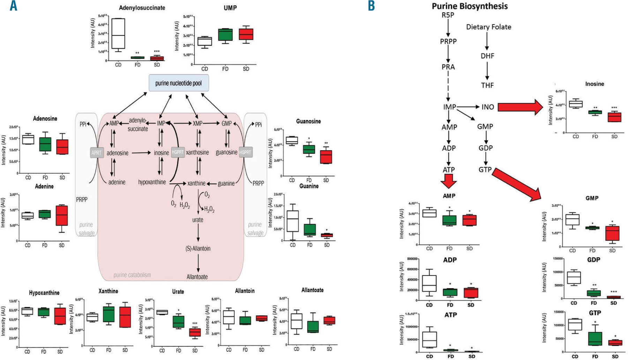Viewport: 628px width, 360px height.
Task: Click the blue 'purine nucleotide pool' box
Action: coord(179,83)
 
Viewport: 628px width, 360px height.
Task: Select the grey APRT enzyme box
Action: coord(97,152)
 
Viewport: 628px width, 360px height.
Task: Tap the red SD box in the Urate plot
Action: coord(195,332)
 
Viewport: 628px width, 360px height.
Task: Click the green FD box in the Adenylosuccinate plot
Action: coord(137,58)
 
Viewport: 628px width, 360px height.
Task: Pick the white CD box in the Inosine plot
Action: coord(576,104)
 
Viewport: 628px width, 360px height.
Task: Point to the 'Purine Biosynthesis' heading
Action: coord(470,6)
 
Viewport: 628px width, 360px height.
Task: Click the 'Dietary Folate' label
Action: coord(488,27)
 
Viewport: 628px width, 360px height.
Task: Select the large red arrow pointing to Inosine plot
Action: coord(520,107)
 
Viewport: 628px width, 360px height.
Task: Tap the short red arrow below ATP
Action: coord(449,181)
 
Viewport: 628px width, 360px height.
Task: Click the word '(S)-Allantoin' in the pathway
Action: coord(198,248)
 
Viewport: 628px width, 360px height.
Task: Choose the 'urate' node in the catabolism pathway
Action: coord(197,220)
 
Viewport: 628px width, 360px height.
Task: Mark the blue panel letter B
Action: coord(371,6)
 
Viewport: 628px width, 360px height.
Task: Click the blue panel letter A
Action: coord(13,6)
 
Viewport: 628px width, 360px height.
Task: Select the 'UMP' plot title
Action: coord(230,8)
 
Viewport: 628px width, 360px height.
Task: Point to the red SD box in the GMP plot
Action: coord(612,233)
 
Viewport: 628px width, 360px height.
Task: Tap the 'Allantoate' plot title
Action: coord(312,290)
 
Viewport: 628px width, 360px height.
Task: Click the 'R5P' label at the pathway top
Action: coord(448,15)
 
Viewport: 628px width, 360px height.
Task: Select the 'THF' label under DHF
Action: coord(487,85)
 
